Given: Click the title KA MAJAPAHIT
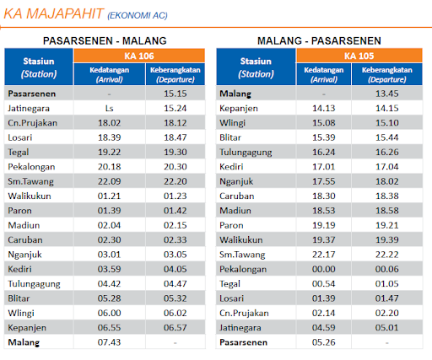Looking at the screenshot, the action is [53, 14].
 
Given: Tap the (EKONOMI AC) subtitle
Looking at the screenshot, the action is [138, 15].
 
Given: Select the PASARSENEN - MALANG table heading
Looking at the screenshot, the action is [105, 41].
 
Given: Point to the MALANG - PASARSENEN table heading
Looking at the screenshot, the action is [319, 41].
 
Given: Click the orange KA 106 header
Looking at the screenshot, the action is [139, 56].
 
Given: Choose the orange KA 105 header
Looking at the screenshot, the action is [359, 56].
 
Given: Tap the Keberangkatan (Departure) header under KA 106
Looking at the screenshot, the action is [175, 74].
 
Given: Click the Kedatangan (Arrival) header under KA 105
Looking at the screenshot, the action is [324, 74].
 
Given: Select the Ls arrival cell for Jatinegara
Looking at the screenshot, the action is [109, 108].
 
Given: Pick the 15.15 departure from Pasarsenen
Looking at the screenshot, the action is [175, 94].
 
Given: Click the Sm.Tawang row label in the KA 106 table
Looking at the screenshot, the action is [30, 181].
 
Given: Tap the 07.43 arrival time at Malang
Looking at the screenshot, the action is [109, 342].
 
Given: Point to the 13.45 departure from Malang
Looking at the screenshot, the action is [387, 94].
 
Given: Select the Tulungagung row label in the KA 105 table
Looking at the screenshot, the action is [246, 153].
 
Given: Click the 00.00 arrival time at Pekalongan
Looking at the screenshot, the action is [324, 269].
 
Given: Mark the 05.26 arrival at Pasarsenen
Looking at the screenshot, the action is [324, 342].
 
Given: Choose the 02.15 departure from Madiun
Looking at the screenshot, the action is [175, 225].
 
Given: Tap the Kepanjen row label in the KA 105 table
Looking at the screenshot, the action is [239, 109].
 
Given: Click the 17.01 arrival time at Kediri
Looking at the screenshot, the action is [324, 167].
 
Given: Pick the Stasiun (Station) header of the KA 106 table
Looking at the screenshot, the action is [39, 67].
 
